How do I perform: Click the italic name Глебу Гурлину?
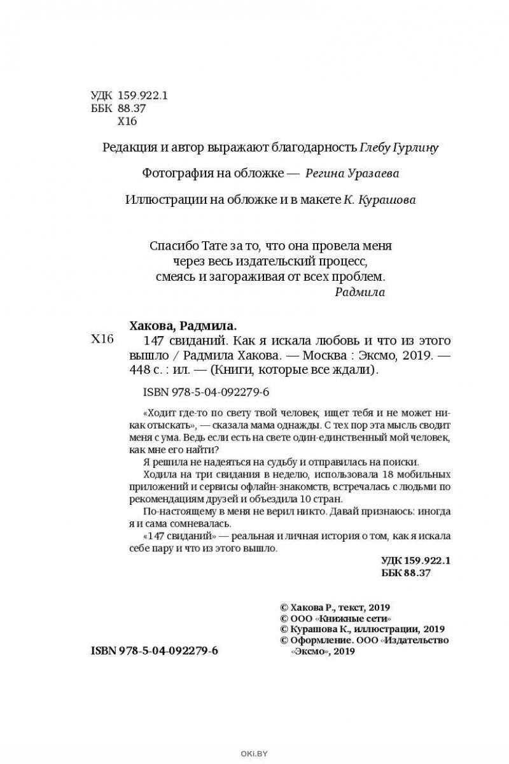tap(400, 148)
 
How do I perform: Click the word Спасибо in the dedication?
tap(171, 246)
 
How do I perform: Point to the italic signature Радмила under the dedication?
tap(359, 292)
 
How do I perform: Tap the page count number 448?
tap(137, 371)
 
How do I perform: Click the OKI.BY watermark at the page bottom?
tap(254, 756)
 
